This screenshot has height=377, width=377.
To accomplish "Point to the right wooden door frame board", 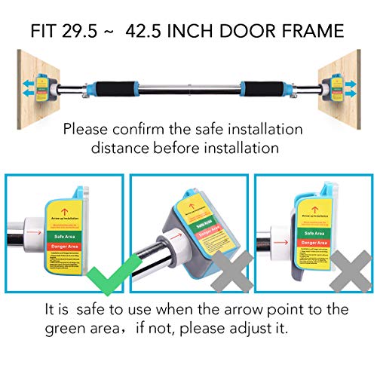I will pos(354,75).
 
